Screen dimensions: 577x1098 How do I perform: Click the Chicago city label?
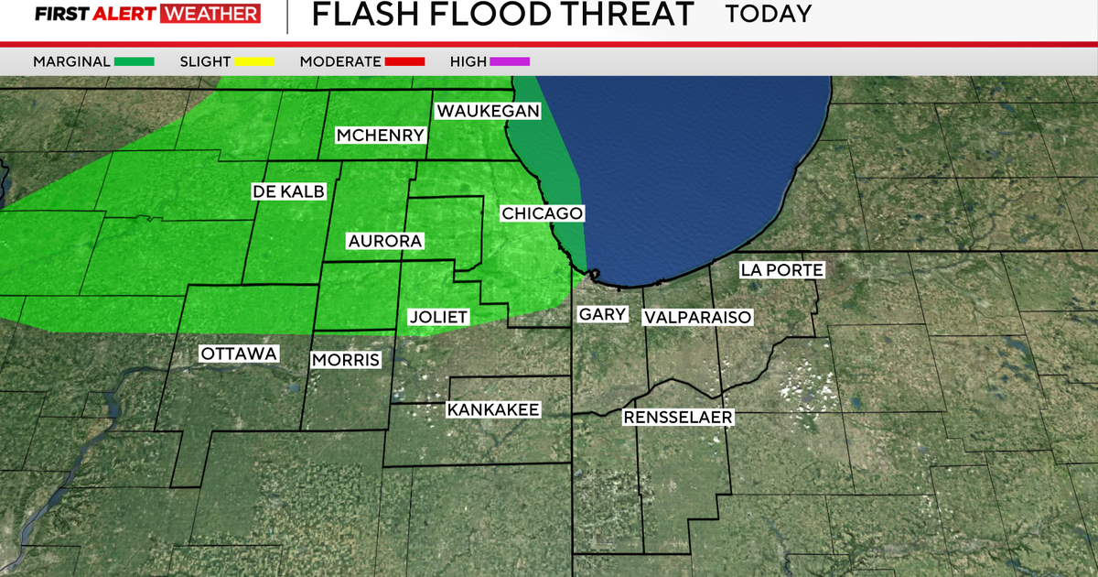543,213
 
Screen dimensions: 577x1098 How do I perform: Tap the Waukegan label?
488,111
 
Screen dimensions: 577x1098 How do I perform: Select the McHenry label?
381,136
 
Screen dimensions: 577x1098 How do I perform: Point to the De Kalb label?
287,191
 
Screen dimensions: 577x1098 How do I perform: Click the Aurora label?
385,242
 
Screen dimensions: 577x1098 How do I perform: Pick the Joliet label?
437,318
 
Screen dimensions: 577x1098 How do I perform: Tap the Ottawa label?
239,354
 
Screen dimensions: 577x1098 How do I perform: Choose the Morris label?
345,360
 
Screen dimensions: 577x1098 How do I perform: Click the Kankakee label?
493,409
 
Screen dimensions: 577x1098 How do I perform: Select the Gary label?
602,314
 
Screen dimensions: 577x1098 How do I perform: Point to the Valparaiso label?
697,317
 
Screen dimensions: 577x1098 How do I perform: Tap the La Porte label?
782,270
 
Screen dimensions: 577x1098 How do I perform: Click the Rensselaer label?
678,418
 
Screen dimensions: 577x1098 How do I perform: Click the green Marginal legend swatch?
135,61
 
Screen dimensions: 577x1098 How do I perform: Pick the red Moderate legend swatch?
405,61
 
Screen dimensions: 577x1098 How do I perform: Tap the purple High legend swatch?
510,61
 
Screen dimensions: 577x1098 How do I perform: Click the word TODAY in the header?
769,14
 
